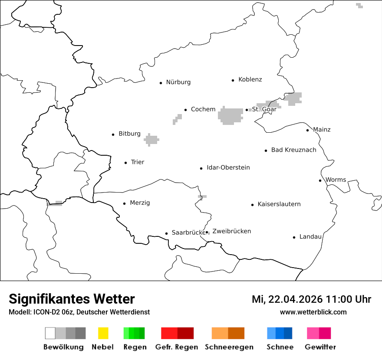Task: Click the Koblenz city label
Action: coord(250,79)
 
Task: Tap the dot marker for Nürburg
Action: coord(161,82)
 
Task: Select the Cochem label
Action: coord(203,109)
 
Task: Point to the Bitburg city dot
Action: coord(113,134)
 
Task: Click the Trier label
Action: coord(137,162)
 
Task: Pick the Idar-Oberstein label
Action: coord(228,167)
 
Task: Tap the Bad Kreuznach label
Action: coord(293,150)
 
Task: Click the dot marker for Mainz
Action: coord(307,130)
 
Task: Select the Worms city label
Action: coord(336,180)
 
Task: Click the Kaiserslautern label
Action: coord(279,204)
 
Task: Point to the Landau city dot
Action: coord(294,237)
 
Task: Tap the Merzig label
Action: coord(140,203)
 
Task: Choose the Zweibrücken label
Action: coord(231,231)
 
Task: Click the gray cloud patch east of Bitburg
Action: coord(151,140)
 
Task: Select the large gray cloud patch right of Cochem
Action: coord(231,116)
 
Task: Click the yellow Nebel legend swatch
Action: coord(103,333)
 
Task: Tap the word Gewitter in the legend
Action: coord(320,347)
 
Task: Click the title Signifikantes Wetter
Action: coord(72,299)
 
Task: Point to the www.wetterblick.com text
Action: coord(313,312)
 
